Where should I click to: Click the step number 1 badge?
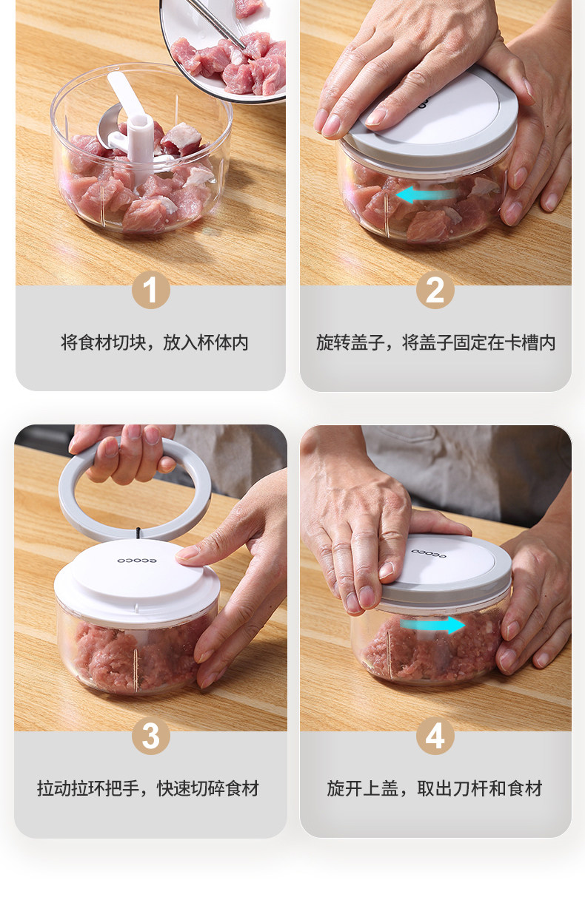coord(151,290)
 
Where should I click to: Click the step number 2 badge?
coord(435,290)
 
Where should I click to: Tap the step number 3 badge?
coord(151,736)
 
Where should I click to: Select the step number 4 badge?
coord(435,736)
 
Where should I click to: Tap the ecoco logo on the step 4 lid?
coord(428,553)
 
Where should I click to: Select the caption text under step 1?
coord(155,343)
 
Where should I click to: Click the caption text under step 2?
coord(436,343)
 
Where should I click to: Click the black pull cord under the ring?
coord(138,534)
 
